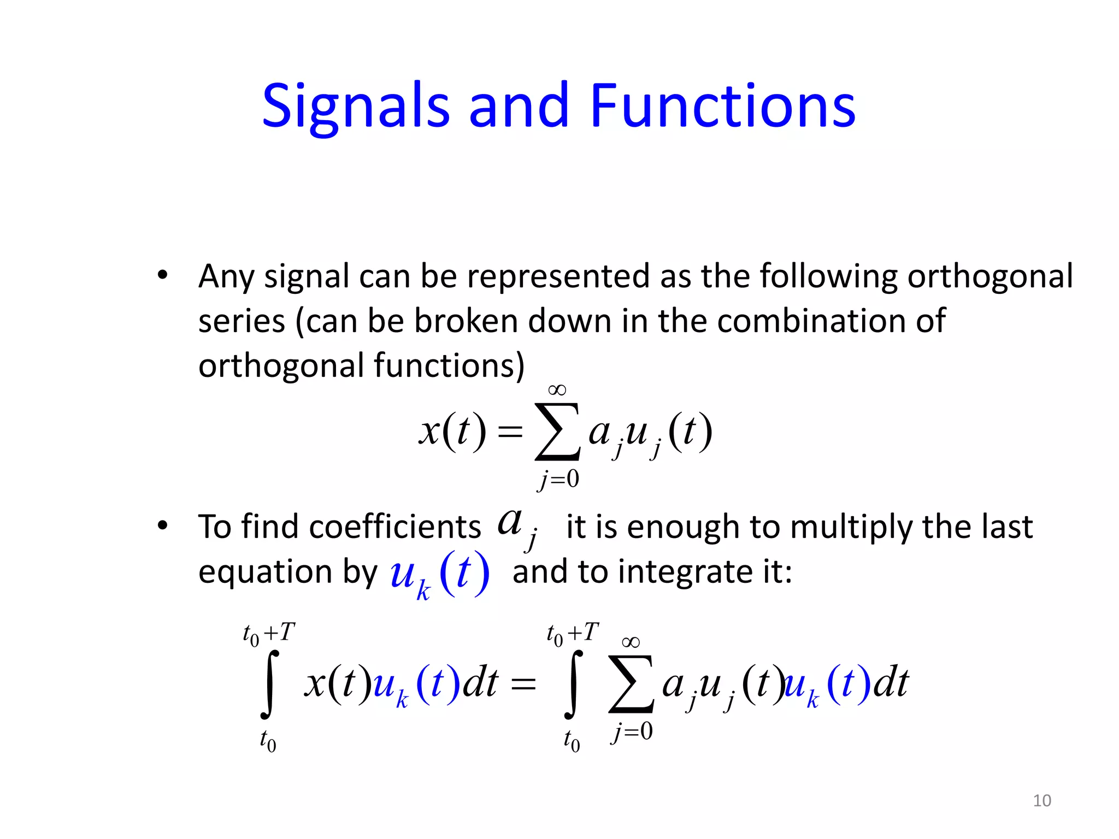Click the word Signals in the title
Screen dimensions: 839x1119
[356, 107]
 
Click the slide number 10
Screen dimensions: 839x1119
[1041, 800]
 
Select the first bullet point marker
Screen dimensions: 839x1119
[162, 275]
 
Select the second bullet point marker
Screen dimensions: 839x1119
[162, 526]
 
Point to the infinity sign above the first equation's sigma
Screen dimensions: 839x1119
[557, 390]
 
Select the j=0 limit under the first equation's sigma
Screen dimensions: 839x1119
[558, 479]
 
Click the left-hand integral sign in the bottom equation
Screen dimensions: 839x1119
[269, 684]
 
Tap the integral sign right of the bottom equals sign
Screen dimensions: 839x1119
[573, 684]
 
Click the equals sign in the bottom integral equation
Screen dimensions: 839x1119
[523, 684]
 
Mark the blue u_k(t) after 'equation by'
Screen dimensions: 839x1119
[439, 575]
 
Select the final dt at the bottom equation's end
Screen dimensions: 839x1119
[890, 683]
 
